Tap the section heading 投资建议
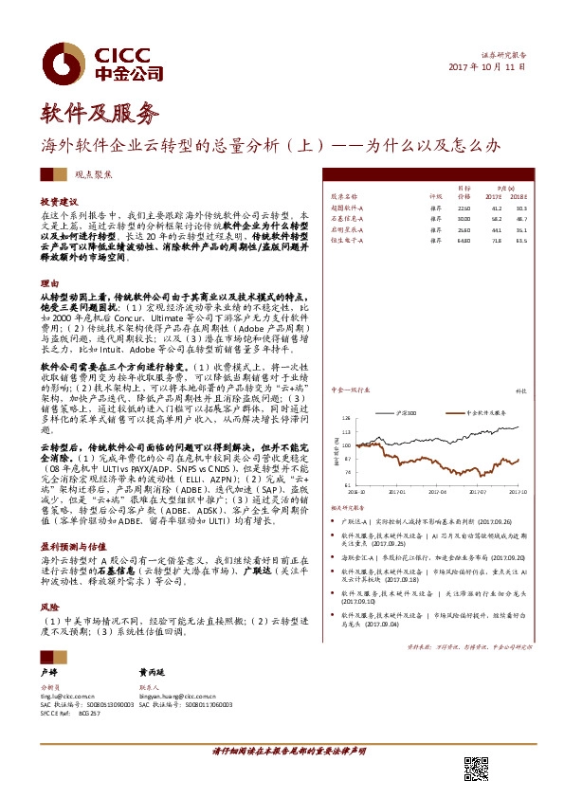tap(58, 202)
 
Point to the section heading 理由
tap(48, 283)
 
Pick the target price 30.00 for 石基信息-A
tap(464, 218)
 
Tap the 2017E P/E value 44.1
tap(494, 228)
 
